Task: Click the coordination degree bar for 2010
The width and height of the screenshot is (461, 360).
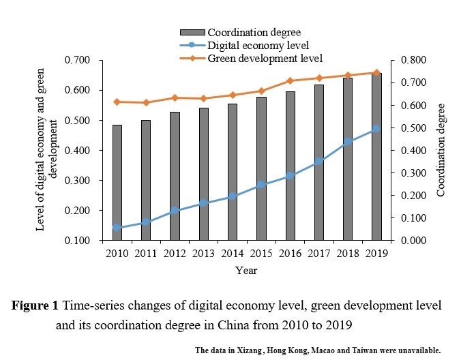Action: pos(117,183)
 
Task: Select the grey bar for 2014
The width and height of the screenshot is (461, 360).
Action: pos(233,172)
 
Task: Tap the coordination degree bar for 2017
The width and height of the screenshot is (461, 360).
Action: pos(319,162)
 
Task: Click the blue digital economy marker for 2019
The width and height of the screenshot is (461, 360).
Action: pos(376,128)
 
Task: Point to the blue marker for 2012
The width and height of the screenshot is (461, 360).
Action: pos(175,210)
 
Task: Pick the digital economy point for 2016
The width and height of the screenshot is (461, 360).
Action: pos(290,176)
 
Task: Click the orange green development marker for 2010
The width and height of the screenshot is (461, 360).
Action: pos(117,102)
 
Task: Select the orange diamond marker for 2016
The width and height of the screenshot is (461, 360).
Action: pos(290,80)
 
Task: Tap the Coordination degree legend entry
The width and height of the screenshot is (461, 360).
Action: pos(254,32)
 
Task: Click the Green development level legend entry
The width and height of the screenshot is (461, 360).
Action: pos(265,58)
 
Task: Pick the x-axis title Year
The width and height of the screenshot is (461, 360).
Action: pos(246,270)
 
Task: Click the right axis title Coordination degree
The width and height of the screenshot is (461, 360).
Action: pos(442,150)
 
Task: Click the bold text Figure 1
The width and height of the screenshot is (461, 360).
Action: pos(38,305)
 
